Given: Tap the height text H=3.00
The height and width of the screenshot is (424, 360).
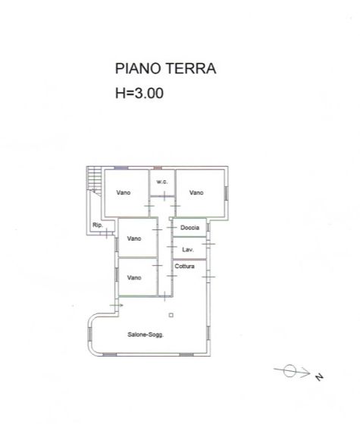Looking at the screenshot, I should tap(139, 94).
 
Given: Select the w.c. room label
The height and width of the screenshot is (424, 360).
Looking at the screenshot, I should tap(161, 182).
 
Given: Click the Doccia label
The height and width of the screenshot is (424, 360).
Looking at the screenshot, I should tap(189, 228).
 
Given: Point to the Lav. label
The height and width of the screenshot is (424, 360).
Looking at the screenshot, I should tap(187, 248).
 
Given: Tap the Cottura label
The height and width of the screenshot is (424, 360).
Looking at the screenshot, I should tap(185, 267).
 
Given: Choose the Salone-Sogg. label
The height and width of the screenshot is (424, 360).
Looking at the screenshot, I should tap(146, 334).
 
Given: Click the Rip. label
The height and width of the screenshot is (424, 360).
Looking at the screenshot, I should tap(97, 226).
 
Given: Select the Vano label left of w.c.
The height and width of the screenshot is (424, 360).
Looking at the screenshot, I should tap(124, 192).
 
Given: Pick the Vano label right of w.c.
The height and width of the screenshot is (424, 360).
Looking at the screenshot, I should tap(196, 192).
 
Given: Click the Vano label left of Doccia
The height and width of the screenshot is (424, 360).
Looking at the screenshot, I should tap(134, 238).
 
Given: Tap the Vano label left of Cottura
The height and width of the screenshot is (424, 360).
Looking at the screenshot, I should tap(134, 277).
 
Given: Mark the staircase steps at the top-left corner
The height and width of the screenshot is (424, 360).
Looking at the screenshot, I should tap(94, 179).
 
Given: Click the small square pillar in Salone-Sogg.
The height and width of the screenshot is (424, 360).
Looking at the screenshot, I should tap(171, 315).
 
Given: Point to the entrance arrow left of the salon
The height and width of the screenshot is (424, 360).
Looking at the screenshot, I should tap(115, 304).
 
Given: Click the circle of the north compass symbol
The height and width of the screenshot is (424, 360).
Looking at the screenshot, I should tap(289, 371).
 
